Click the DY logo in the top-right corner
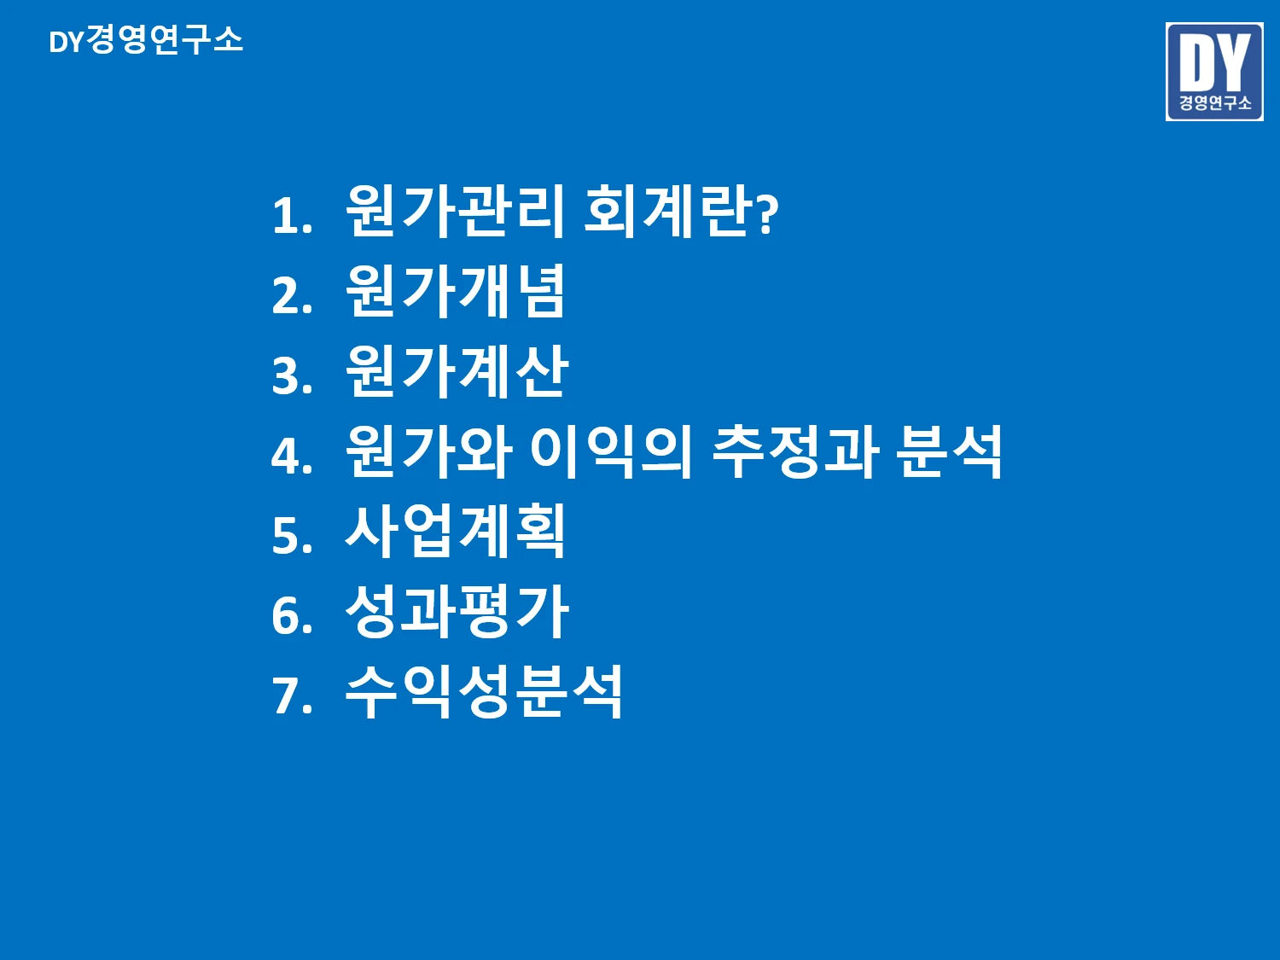pos(1213,72)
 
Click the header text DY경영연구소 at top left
pos(146,40)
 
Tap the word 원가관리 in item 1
pos(455,211)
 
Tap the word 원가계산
pos(457,371)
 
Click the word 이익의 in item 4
pos(611,451)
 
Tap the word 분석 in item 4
pos(949,451)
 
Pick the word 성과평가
pos(457,611)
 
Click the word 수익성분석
pos(484,691)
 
